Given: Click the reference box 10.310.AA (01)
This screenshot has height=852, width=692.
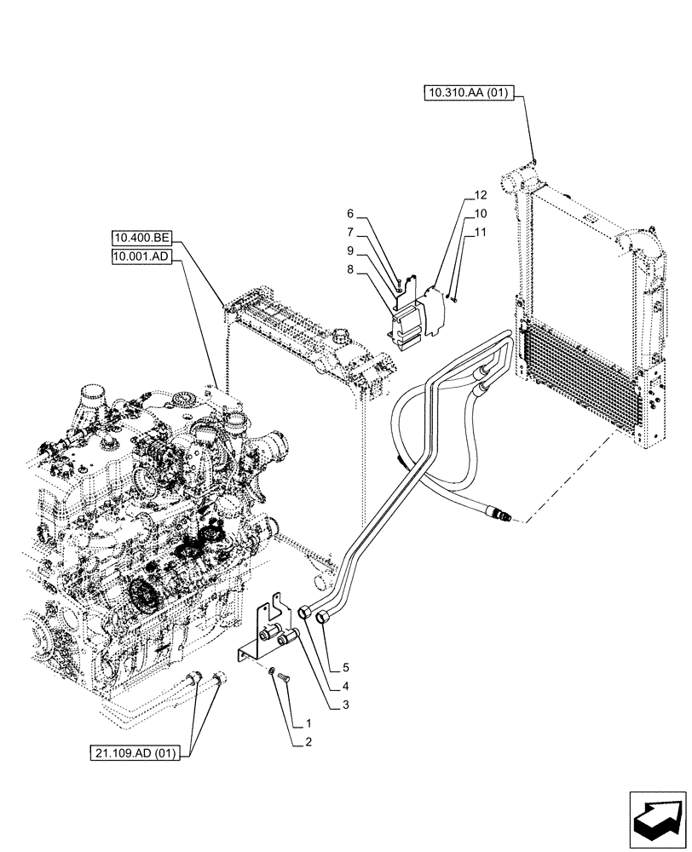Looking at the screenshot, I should point(467,93).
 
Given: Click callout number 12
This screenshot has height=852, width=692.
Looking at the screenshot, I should point(480,195).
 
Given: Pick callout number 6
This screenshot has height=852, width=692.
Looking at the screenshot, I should point(350,214).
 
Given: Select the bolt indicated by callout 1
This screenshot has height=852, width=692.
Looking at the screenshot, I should point(284,676).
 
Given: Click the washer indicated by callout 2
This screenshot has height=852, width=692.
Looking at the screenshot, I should point(271,674).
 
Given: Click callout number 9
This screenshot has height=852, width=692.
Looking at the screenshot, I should point(350,250).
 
